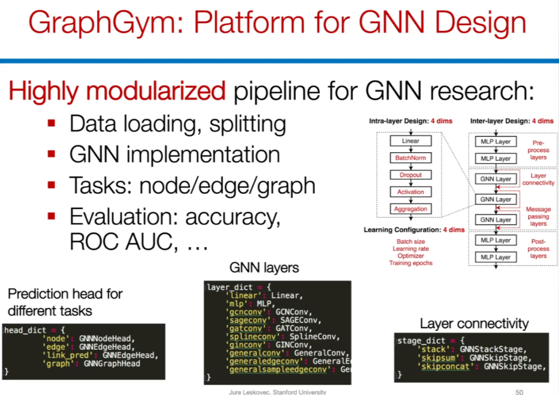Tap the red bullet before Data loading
coord(51,124)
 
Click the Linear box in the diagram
coord(411,141)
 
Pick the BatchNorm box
coord(411,158)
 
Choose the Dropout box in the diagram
coord(411,175)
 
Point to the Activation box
coord(411,192)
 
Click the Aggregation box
coord(411,209)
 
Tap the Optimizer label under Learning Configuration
coord(411,256)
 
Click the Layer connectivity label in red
coord(538,179)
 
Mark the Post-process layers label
coord(538,248)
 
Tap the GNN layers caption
coord(264,268)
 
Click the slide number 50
coord(519,392)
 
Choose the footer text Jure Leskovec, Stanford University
coord(278,392)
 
